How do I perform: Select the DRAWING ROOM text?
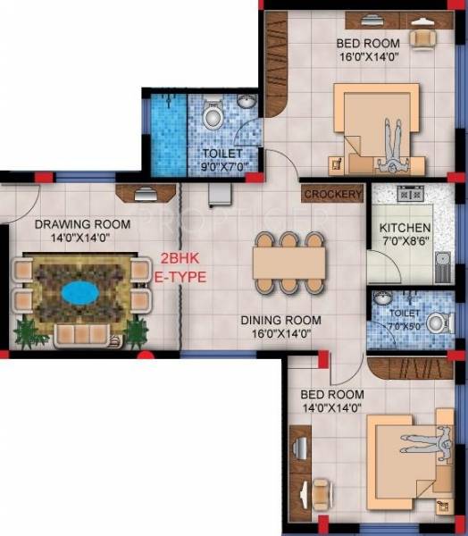coord(83,223)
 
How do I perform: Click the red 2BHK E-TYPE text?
coord(183,267)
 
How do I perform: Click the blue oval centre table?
coord(81,291)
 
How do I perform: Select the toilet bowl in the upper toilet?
coord(213,116)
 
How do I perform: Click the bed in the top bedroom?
coord(375,125)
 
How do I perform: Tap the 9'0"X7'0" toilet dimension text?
coord(224,166)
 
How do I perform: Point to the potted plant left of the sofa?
coord(26,333)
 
